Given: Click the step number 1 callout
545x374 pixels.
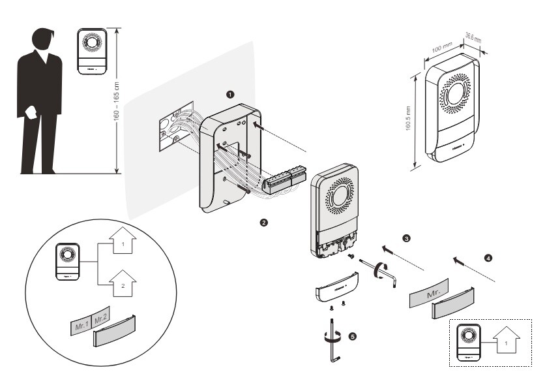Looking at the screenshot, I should click(229, 94).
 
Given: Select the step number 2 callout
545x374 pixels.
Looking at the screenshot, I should click(263, 223).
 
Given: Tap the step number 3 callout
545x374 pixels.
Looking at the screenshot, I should click(407, 239).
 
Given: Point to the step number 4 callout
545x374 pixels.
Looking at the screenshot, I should click(490, 257).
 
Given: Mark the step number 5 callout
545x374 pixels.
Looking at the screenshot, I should click(353, 335).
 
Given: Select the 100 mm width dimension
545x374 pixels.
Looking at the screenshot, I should click(443, 49).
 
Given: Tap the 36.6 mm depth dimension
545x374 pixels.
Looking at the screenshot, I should click(473, 39).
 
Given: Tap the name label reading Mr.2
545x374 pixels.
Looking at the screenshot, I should click(101, 320).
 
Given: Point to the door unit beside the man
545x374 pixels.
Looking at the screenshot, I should click(92, 52).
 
